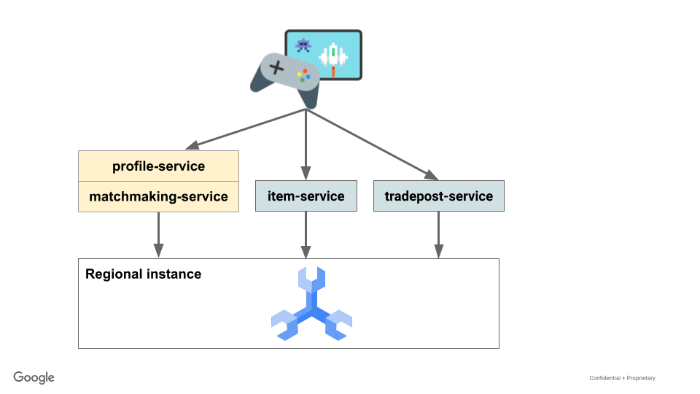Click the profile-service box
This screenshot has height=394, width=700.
(158, 166)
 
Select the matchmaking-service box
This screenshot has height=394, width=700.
(158, 197)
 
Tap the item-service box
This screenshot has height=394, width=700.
(306, 196)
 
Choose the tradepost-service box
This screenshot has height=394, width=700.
(438, 196)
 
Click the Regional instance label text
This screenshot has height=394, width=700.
(143, 274)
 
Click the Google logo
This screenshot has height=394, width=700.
(34, 377)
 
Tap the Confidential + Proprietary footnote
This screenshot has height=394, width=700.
(622, 378)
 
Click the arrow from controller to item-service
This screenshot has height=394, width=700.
(306, 146)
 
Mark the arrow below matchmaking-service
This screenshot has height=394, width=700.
(158, 235)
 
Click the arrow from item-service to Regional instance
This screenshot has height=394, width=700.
(306, 235)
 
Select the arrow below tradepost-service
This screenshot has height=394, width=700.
(438, 235)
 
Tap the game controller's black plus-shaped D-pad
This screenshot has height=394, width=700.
(277, 68)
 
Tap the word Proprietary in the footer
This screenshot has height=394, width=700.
(639, 378)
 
